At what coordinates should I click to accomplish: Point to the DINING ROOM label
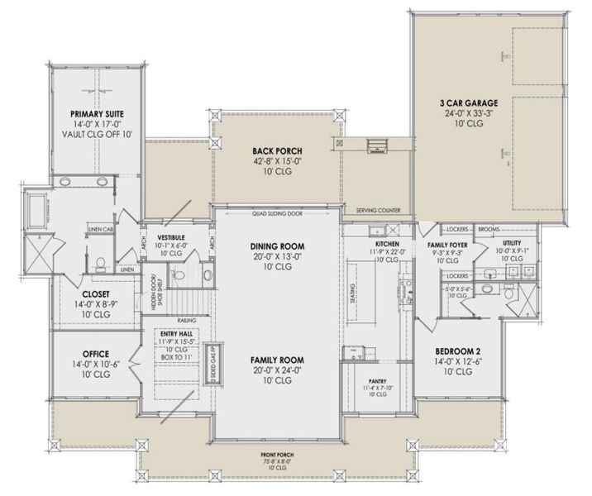(x=277, y=246)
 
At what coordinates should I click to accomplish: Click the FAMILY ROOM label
(x=277, y=360)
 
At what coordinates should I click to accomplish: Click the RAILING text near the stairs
(x=184, y=318)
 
